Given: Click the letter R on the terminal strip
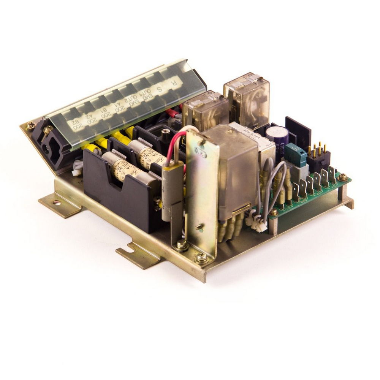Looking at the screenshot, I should pyautogui.click(x=174, y=81).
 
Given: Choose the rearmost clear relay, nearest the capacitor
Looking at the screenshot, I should pyautogui.click(x=246, y=97).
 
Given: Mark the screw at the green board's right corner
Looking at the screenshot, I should pyautogui.click(x=343, y=177).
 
